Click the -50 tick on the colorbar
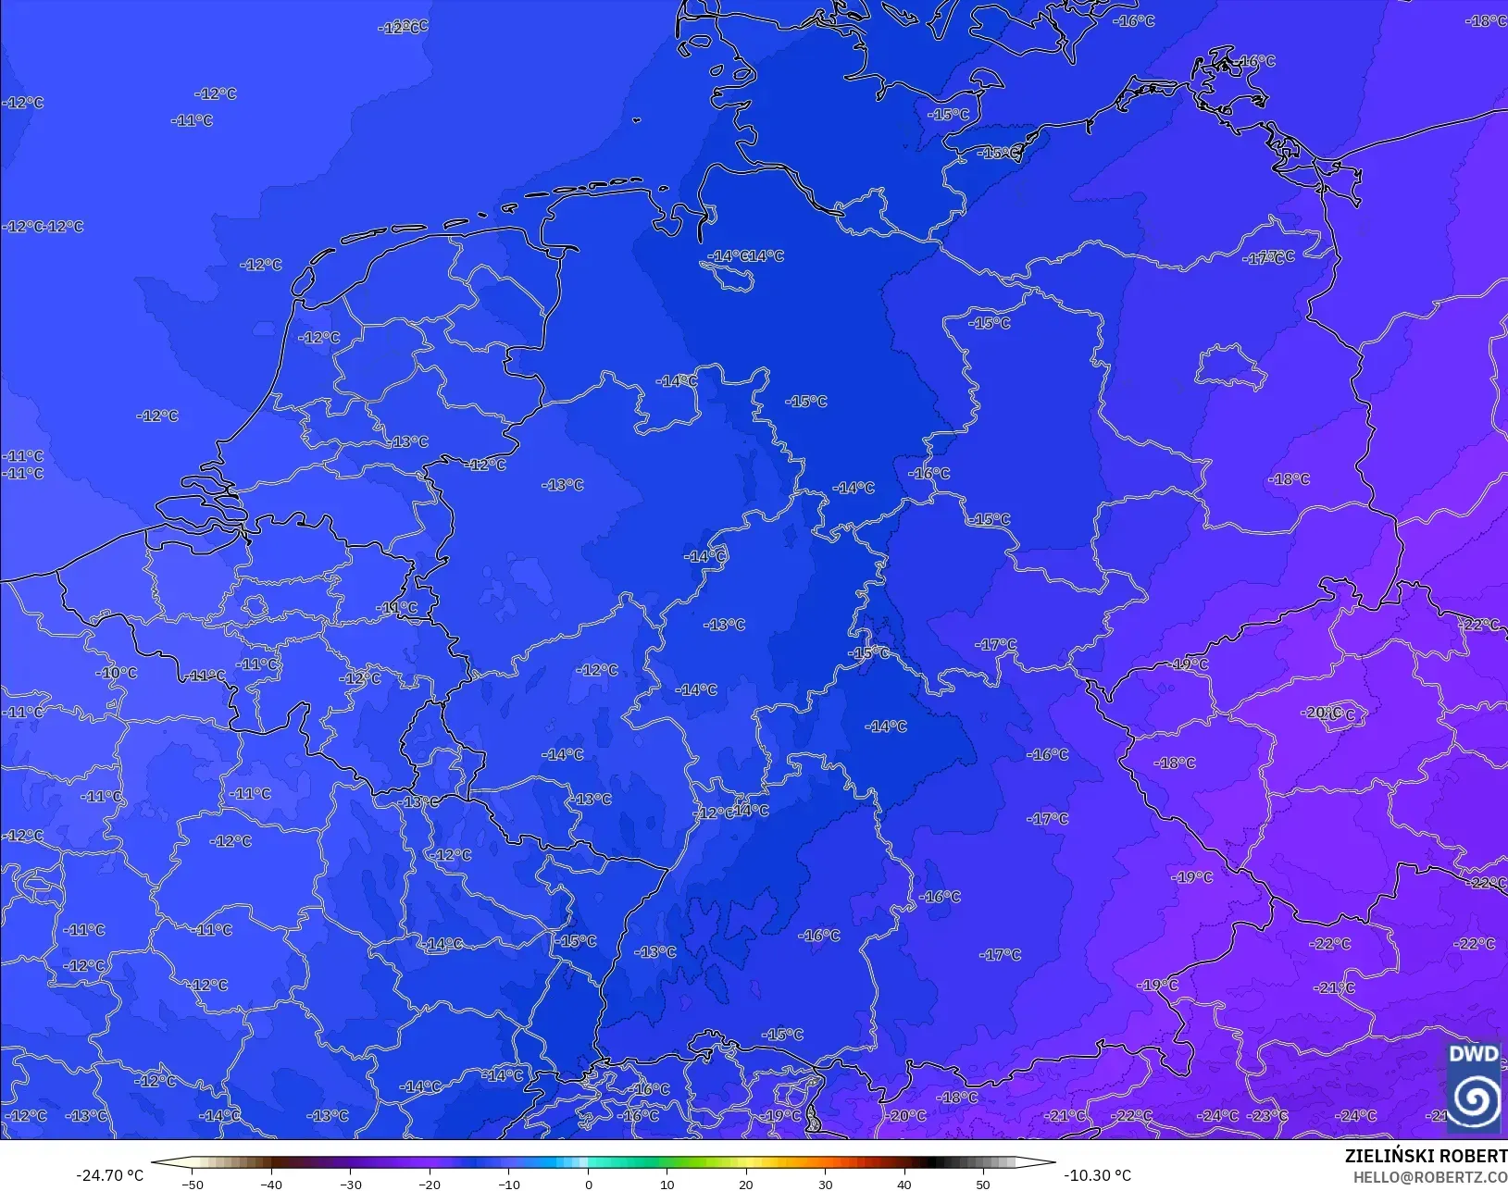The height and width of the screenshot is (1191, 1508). pos(193,1184)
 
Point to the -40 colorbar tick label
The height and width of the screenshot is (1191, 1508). pos(271,1184)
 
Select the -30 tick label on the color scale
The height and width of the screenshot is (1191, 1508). pos(350,1184)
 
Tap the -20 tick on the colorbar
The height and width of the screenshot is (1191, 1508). pos(430,1184)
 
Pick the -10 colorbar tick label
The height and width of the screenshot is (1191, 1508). pos(509,1184)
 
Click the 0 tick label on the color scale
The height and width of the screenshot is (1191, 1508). pos(589,1184)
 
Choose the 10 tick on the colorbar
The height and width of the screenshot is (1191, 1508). pos(667,1184)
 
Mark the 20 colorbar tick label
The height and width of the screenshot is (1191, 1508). pos(746,1184)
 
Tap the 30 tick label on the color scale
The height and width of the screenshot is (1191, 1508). pos(826,1184)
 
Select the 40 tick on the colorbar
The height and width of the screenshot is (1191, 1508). pos(904,1184)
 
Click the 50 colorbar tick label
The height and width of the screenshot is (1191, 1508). pos(983,1184)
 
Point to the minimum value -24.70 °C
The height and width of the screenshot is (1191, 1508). pos(109,1175)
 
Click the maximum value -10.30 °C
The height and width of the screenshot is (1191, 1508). pos(1097,1175)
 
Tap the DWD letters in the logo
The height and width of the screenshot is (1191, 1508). pos(1473,1054)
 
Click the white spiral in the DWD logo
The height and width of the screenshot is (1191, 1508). pos(1474,1098)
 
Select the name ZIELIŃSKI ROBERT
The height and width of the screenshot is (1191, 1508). pos(1426,1156)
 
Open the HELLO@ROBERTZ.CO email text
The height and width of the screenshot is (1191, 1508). pos(1430,1177)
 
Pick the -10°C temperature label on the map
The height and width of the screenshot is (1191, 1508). pos(117,673)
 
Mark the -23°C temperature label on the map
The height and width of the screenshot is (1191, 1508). pos(1268,1116)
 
